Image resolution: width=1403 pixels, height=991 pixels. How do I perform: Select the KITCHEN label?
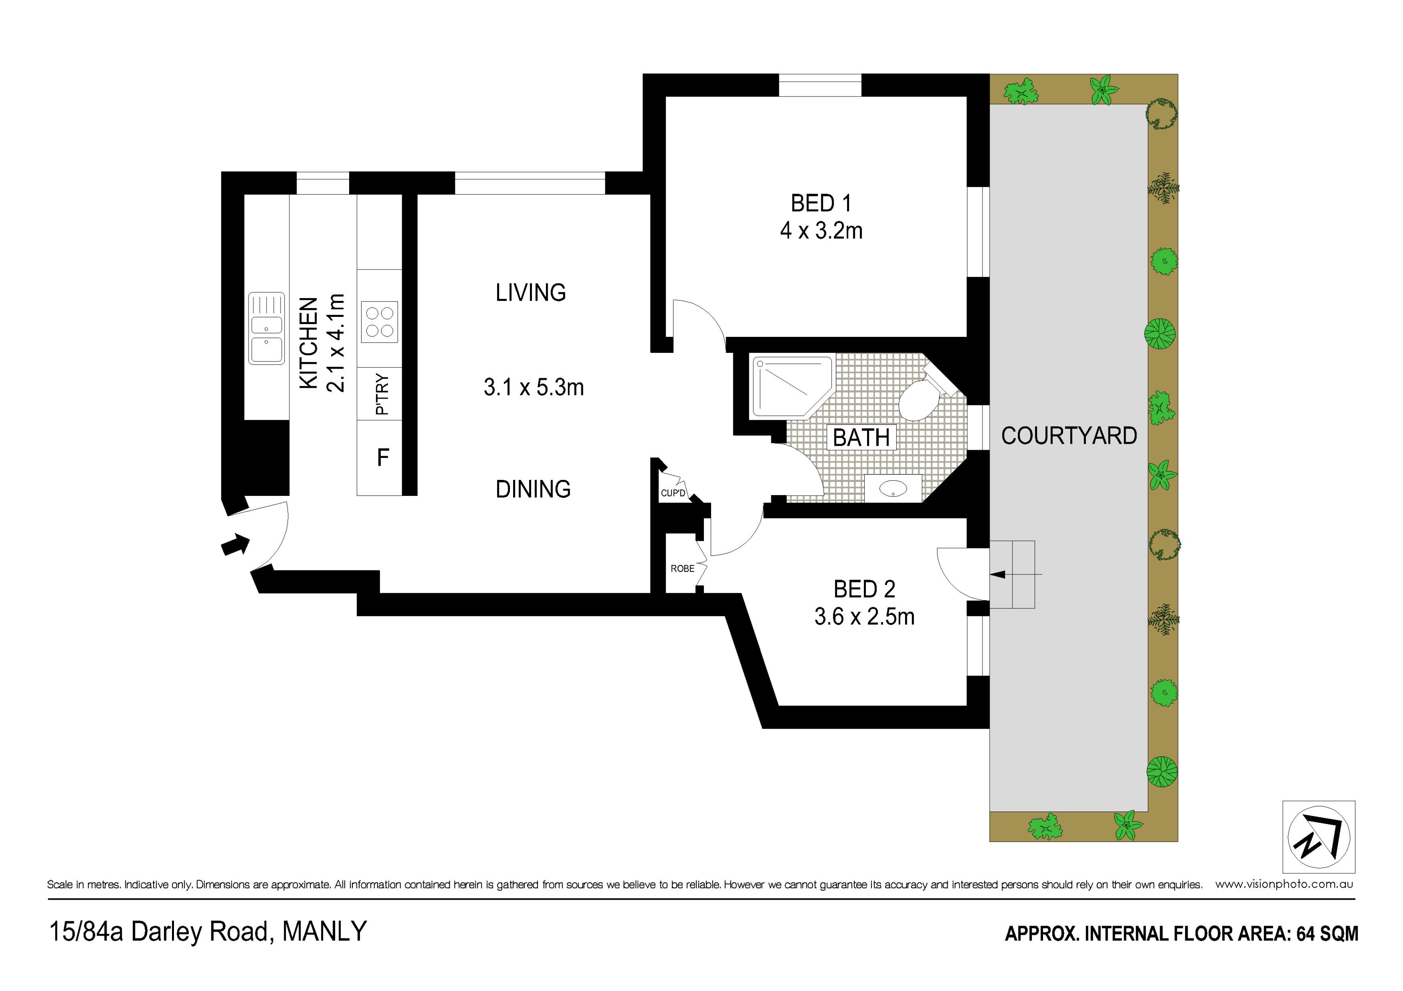[x=309, y=343]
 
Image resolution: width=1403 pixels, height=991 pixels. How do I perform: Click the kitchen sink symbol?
[x=267, y=328]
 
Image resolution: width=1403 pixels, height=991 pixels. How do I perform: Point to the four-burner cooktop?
[x=380, y=322]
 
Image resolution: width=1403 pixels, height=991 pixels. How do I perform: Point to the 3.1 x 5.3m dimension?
[x=534, y=387]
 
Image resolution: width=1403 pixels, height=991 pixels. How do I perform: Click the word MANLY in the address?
[x=324, y=931]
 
